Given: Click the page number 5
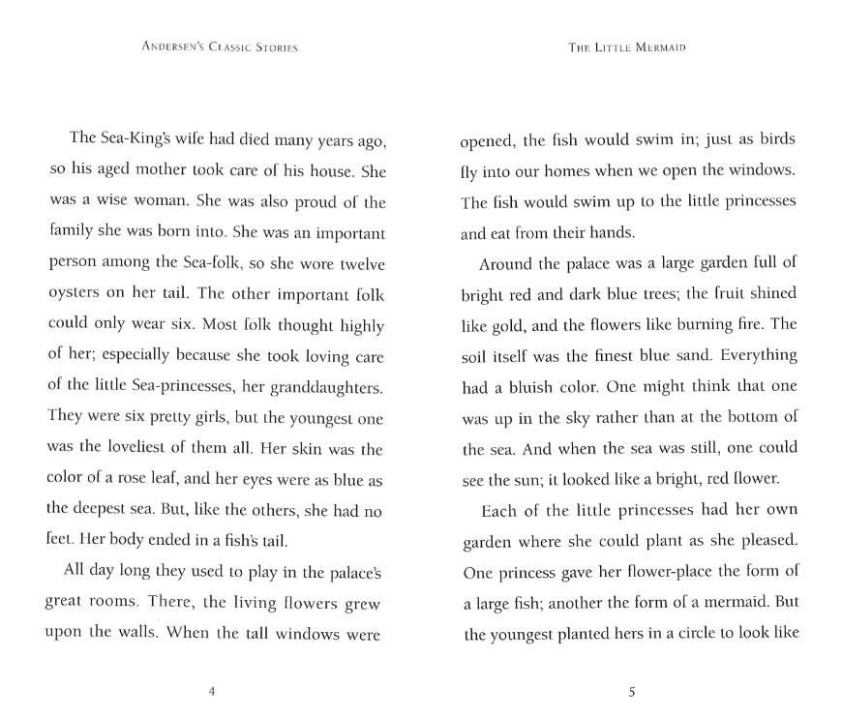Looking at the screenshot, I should (631, 691).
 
